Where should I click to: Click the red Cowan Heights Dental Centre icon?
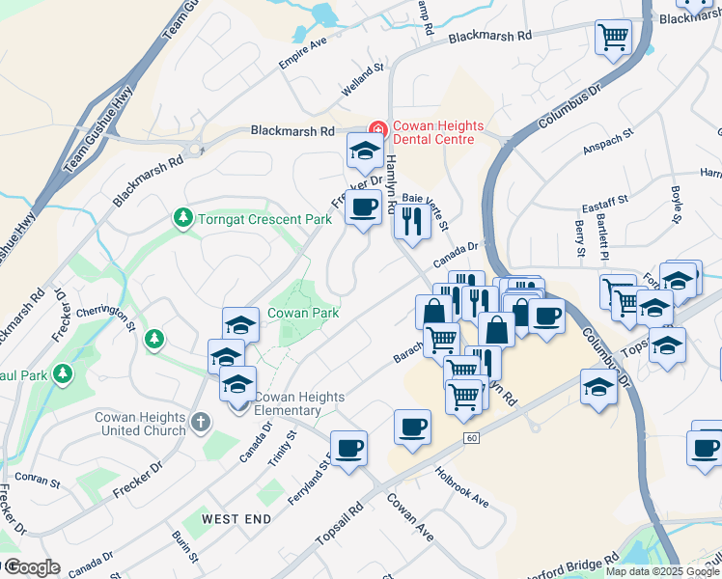(377, 129)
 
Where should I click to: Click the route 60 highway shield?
(470, 437)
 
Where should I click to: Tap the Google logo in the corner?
(31, 567)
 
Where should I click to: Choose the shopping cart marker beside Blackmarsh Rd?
(613, 38)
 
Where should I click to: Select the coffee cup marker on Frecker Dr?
(363, 207)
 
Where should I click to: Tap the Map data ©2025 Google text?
(660, 571)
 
